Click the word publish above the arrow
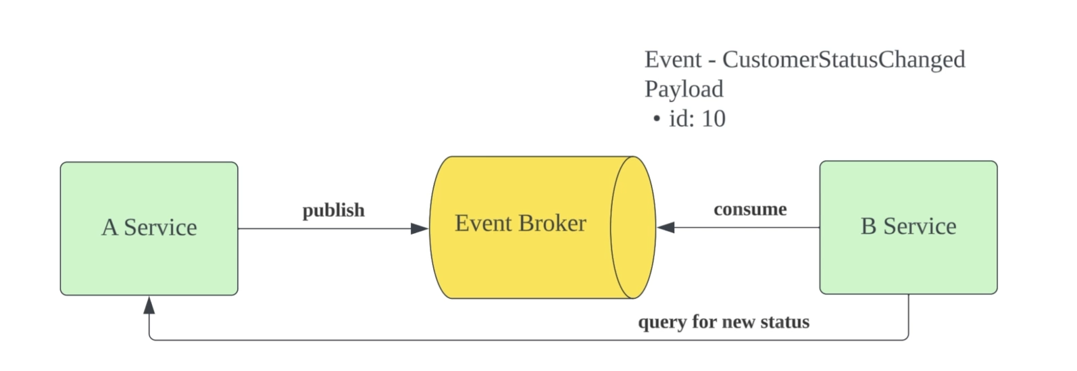[333, 210]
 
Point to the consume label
[750, 209]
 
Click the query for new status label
[724, 322]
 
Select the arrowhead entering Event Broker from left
[420, 228]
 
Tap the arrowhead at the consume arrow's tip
[666, 228]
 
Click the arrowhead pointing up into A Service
[149, 305]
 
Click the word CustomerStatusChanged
[843, 59]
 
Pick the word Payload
[684, 89]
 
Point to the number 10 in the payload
[713, 119]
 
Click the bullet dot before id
[656, 120]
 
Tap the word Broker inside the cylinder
[555, 223]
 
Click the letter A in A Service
[109, 228]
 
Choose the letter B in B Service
[868, 226]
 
